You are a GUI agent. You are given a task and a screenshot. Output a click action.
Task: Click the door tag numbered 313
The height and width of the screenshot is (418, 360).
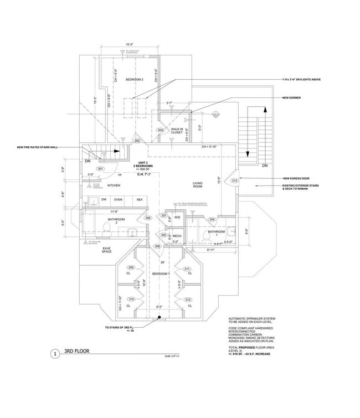(234, 180)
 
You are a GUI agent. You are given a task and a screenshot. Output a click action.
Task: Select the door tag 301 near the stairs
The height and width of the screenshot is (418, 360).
(100, 168)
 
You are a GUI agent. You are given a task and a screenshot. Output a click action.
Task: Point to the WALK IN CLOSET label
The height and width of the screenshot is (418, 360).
(177, 131)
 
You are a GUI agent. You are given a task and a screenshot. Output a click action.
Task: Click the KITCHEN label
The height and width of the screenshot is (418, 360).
(114, 185)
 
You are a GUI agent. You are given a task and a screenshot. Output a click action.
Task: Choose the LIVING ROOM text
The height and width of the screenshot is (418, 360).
(198, 185)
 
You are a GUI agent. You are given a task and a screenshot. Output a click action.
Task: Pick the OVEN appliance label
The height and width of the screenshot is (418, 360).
(118, 199)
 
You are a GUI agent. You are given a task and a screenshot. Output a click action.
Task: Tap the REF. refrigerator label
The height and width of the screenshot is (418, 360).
(140, 199)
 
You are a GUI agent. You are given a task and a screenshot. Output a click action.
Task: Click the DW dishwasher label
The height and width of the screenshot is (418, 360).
(104, 199)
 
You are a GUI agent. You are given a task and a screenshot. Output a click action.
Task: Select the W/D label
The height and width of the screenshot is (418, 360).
(177, 217)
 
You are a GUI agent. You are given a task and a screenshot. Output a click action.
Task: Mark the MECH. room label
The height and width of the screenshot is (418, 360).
(177, 235)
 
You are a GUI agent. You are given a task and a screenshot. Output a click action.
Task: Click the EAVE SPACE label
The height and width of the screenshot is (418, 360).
(107, 250)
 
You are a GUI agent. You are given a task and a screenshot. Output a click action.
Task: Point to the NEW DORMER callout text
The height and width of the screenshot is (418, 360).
(292, 98)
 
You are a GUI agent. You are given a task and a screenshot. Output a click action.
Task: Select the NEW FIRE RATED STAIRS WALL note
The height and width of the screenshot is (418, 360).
(38, 147)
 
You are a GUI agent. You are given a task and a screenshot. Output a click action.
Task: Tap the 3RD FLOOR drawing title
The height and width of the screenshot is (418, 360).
(77, 351)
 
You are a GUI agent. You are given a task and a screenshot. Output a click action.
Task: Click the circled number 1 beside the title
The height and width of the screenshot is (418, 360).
(55, 353)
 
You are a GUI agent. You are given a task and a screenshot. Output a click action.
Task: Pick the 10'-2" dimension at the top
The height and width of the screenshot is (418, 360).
(131, 44)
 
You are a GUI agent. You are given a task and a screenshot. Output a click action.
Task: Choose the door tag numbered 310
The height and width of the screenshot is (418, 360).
(131, 299)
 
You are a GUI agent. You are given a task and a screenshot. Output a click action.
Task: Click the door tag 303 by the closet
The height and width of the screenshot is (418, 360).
(160, 130)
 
